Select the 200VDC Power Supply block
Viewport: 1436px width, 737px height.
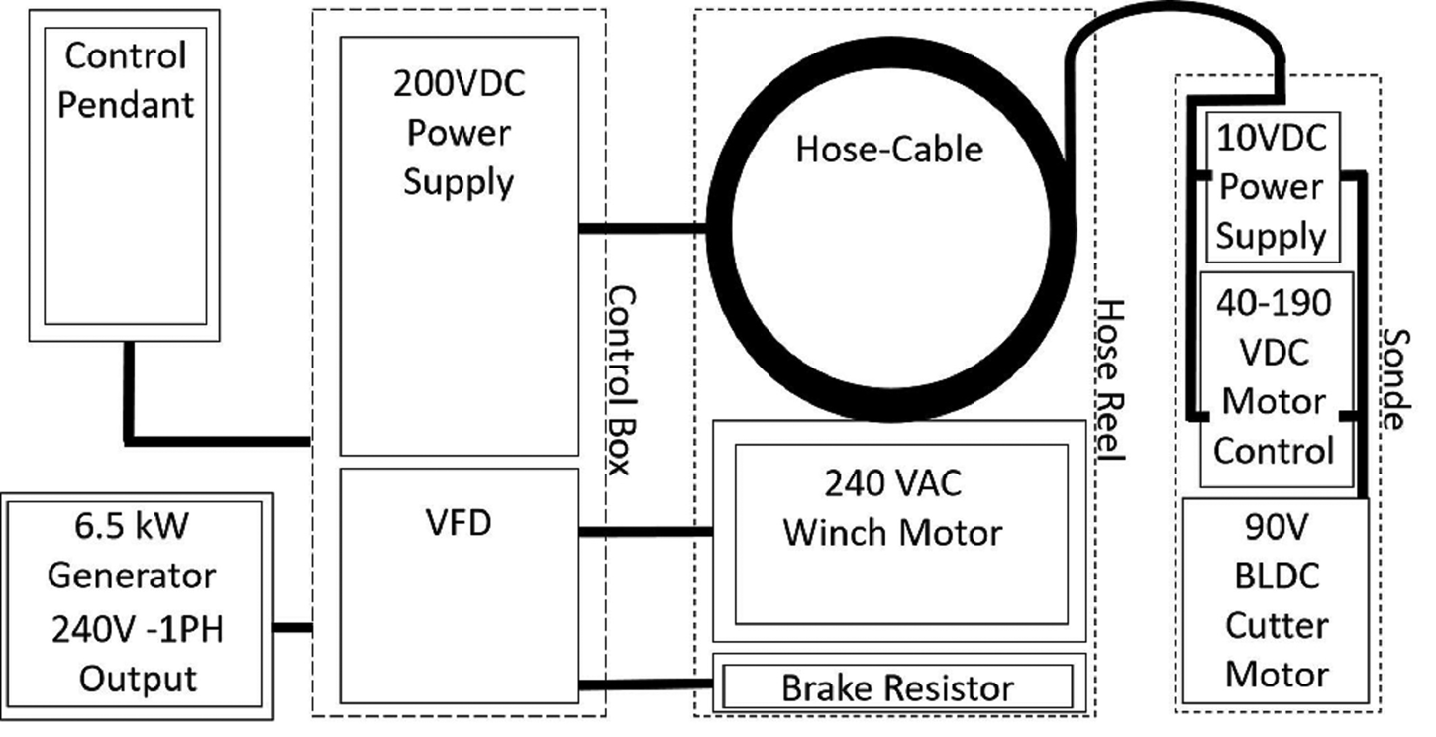coord(459,297)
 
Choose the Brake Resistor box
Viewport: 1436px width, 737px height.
coord(898,686)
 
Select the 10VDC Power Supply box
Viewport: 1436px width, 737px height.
coord(1271,186)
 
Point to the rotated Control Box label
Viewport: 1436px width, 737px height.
coord(618,380)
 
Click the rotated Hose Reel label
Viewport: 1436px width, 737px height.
coord(1111,380)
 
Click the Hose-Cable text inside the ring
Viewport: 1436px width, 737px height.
coord(889,150)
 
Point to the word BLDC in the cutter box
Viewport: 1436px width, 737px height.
coord(1276,578)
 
